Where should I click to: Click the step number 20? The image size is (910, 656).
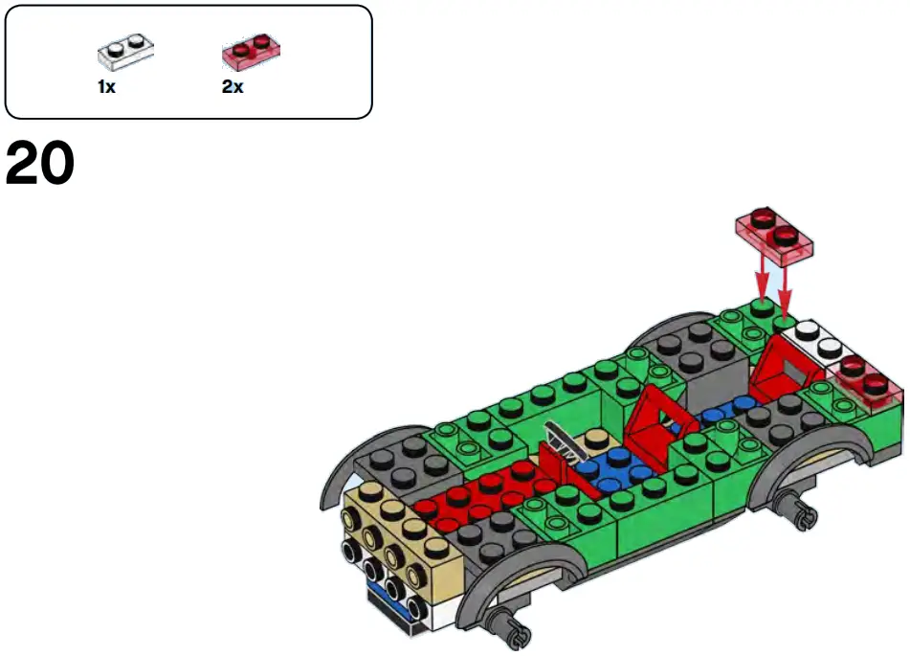tap(40, 166)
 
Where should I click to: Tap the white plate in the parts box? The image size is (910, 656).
tap(125, 51)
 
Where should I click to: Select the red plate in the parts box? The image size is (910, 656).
tap(251, 52)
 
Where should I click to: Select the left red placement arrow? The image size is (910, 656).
tap(763, 278)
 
